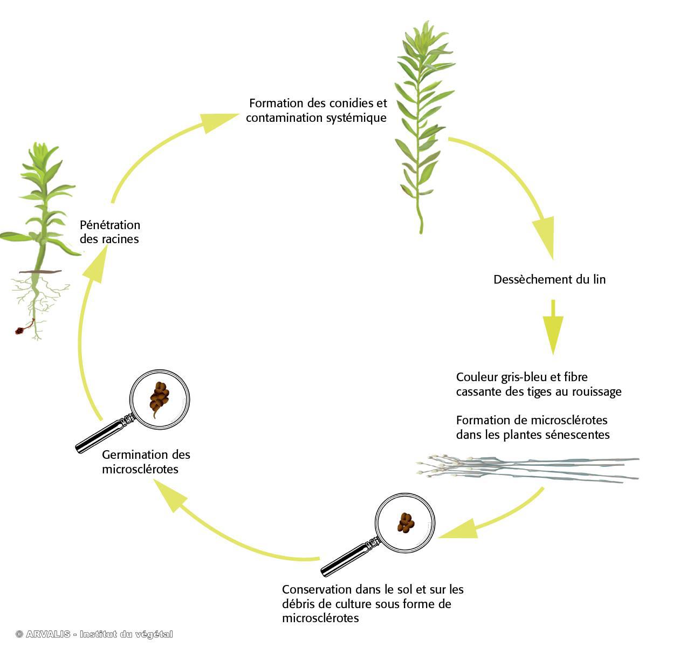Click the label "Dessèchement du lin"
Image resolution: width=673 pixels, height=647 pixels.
[549, 280]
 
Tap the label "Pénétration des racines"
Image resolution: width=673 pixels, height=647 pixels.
[110, 232]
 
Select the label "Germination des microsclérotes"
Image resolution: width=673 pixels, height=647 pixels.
[146, 462]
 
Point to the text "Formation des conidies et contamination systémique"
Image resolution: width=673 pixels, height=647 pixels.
[317, 111]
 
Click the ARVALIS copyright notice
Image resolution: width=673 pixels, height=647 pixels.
[94, 635]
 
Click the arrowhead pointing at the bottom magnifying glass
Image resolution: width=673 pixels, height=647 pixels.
[458, 531]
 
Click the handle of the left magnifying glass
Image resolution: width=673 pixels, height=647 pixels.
[100, 436]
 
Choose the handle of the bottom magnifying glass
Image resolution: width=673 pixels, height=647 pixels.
[345, 558]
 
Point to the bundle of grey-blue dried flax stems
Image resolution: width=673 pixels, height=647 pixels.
[528, 467]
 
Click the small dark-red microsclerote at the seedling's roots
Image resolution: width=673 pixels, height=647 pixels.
[22, 330]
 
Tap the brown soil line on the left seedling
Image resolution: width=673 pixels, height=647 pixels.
[40, 271]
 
